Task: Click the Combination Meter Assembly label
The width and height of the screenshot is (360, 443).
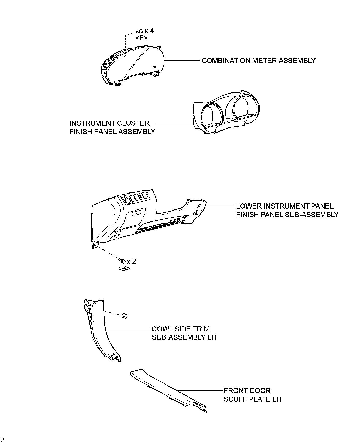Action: click(x=258, y=61)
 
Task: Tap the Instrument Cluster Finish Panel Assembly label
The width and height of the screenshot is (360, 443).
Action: click(x=112, y=127)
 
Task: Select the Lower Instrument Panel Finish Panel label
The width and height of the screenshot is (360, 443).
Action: click(x=287, y=210)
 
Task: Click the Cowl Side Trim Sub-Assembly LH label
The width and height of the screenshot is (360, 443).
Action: click(x=184, y=333)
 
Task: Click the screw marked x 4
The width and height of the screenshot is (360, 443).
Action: click(x=141, y=31)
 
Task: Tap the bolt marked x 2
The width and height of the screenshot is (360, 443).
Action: click(x=122, y=261)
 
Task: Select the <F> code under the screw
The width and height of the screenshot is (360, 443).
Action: click(x=141, y=38)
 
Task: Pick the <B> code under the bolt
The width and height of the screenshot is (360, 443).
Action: click(x=123, y=269)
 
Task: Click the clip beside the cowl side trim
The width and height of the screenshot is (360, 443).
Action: click(x=125, y=316)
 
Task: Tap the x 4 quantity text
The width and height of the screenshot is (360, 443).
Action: click(x=149, y=31)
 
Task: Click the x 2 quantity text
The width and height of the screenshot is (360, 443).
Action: click(x=131, y=261)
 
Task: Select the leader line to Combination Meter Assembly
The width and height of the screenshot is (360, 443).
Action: click(x=182, y=61)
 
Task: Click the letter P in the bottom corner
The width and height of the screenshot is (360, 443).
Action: click(x=2, y=439)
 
